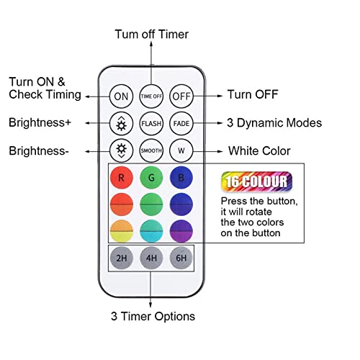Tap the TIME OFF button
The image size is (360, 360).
[151, 96]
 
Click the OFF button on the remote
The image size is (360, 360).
[181, 96]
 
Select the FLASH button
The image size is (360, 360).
[151, 123]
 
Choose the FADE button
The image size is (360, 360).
[181, 123]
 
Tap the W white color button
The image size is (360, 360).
[181, 150]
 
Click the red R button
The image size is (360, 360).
[122, 178]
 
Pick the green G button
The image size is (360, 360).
[151, 178]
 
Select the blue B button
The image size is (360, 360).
[181, 178]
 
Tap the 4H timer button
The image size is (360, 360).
[151, 258]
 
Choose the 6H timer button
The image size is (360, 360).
[181, 258]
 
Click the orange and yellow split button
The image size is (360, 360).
[122, 231]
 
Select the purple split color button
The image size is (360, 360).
[181, 231]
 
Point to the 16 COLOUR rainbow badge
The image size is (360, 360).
[256, 181]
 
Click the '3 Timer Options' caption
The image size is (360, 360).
[153, 316]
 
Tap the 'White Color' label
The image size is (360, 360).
[259, 151]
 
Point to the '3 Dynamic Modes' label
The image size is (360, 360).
[274, 123]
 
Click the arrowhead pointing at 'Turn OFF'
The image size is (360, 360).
[220, 96]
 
